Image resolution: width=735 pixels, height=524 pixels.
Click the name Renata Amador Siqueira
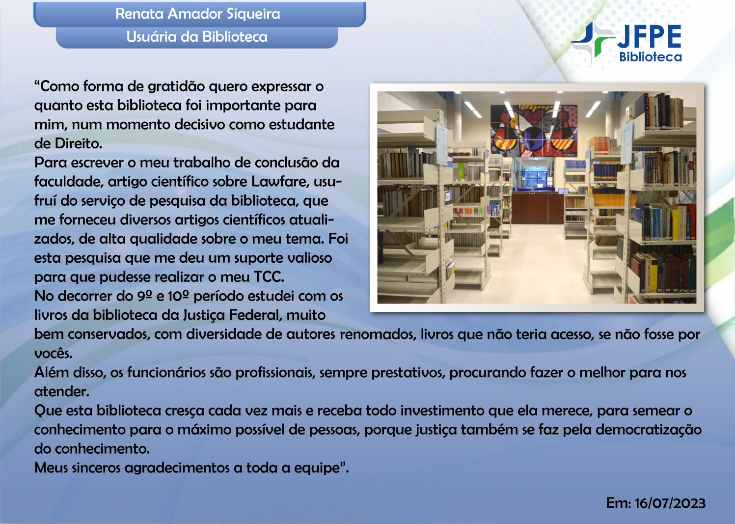197,14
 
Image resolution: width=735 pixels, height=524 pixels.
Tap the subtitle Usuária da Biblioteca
197,37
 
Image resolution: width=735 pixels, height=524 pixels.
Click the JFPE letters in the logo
650,37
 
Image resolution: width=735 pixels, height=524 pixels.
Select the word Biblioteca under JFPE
651,57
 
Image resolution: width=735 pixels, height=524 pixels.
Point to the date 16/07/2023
670,503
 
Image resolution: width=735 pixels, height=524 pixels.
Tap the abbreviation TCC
269,277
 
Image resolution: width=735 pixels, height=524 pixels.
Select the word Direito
78,144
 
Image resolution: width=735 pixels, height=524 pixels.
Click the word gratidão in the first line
176,86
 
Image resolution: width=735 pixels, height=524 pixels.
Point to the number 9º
145,296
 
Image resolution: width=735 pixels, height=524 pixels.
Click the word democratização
648,430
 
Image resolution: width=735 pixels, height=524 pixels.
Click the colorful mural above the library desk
534,130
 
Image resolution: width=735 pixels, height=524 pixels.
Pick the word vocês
53,354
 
